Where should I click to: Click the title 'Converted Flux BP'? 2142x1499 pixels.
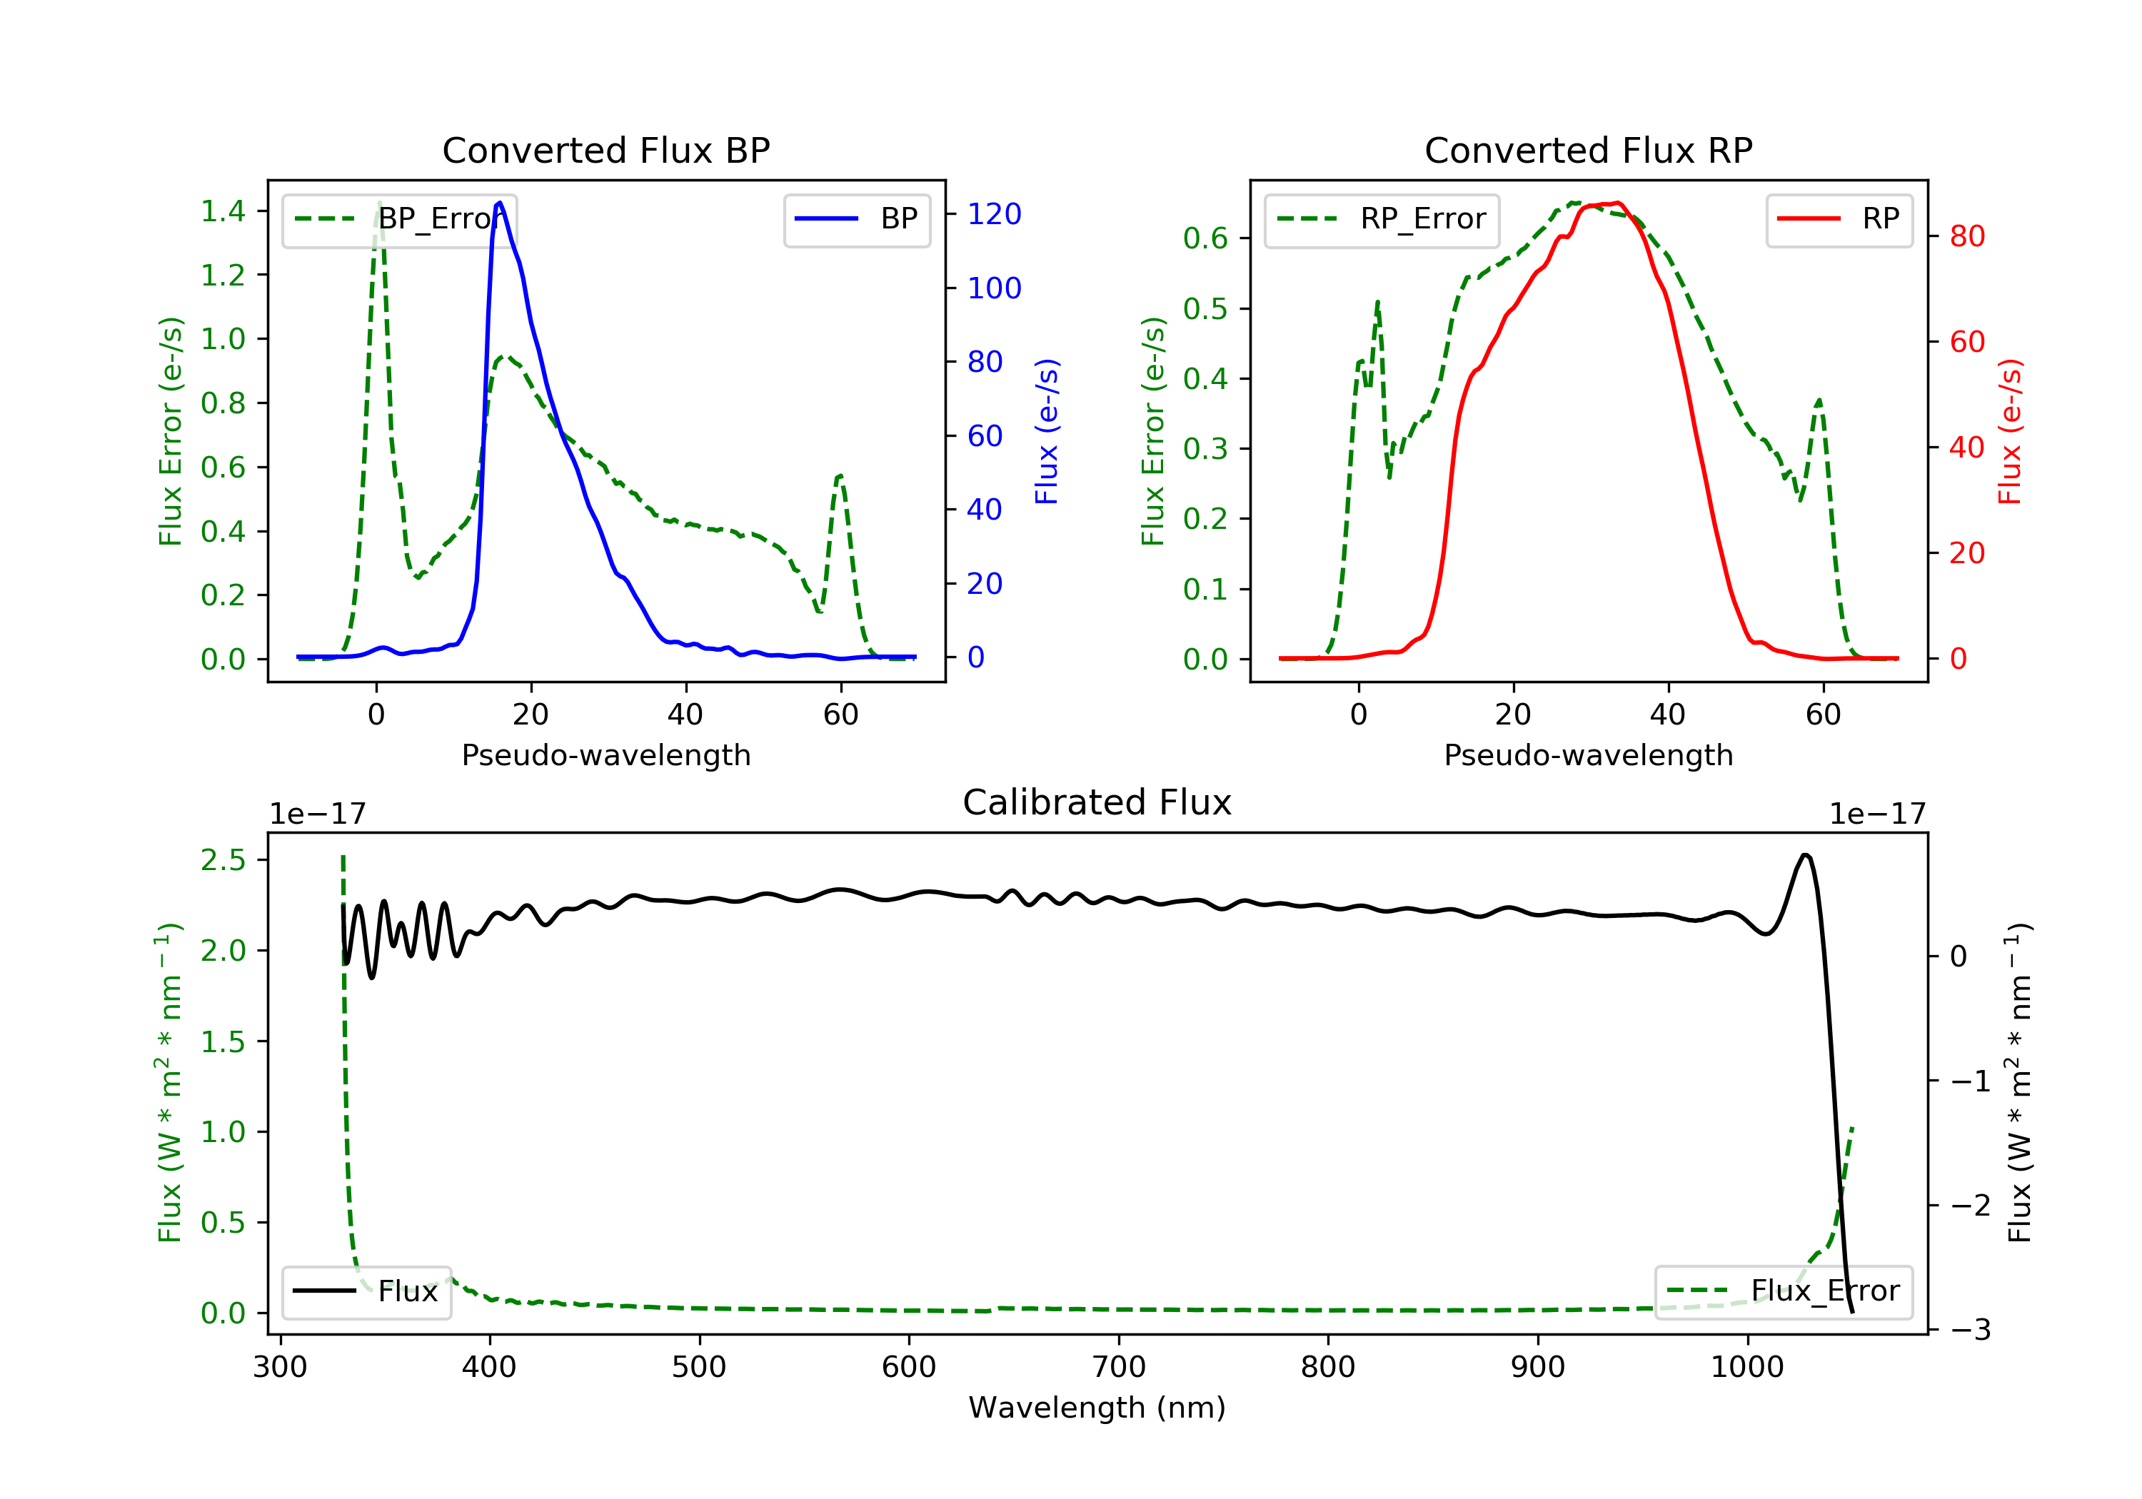point(605,150)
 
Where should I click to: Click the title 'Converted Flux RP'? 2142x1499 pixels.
point(1588,150)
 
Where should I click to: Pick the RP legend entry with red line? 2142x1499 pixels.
point(1839,219)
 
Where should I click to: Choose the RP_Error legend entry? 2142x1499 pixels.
point(1382,219)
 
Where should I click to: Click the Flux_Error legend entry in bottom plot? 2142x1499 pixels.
point(1783,1291)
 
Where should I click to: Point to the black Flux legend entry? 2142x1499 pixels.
point(367,1291)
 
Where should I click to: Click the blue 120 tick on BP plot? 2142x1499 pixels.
point(994,215)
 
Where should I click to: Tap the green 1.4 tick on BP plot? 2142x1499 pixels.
point(223,211)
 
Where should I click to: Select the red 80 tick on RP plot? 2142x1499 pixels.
point(1966,236)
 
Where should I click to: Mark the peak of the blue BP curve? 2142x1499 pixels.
point(500,203)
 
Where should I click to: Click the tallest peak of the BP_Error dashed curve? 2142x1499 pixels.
point(378,203)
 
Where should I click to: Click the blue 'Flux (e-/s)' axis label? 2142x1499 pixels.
point(1047,431)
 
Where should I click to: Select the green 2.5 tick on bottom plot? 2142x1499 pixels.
point(223,860)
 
